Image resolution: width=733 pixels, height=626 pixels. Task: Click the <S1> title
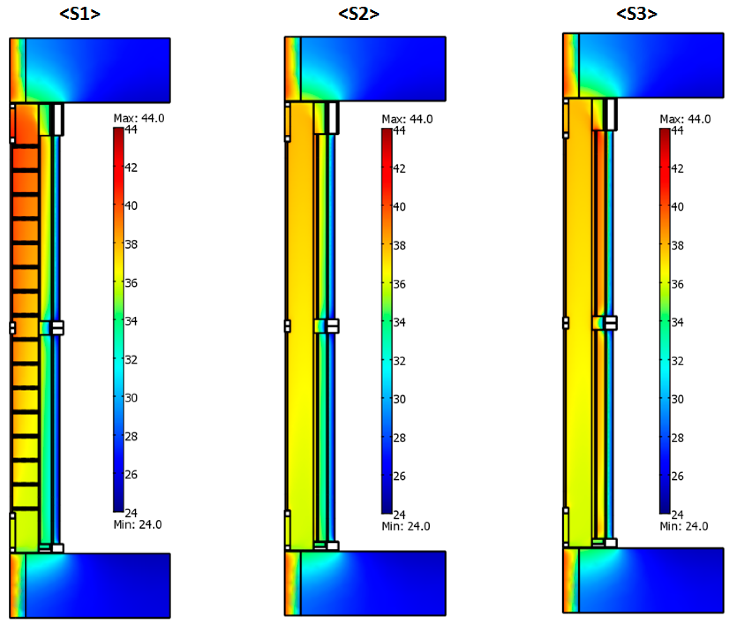pos(80,14)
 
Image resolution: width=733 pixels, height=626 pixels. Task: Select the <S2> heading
pos(358,14)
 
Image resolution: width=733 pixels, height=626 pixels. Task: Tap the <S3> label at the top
pos(637,14)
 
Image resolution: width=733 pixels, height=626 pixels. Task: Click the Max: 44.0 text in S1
pos(139,118)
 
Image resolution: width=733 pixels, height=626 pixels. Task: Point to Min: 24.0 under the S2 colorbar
pos(406,526)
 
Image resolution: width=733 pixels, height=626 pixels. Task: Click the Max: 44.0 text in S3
pos(685,119)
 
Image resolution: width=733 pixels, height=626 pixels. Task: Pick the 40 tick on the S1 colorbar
pos(131,205)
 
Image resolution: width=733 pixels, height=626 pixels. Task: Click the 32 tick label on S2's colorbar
pos(399,361)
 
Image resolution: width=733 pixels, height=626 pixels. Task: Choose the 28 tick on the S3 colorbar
pos(677,438)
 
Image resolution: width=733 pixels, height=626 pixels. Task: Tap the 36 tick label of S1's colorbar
pos(131,283)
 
